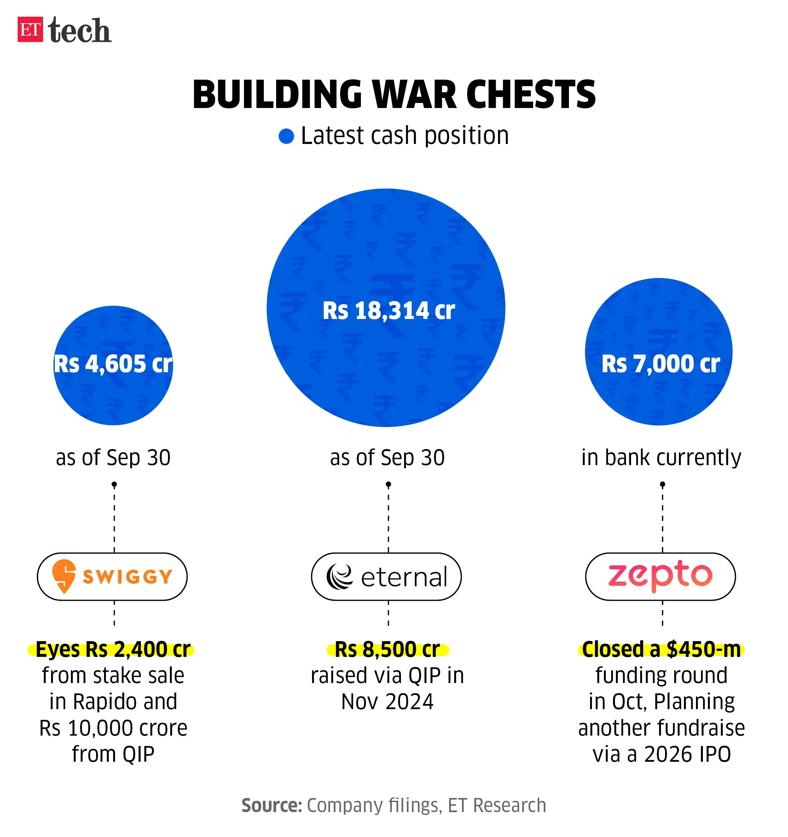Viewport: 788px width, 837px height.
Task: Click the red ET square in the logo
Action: tap(30, 30)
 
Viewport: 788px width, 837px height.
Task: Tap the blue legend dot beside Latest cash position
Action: tap(286, 136)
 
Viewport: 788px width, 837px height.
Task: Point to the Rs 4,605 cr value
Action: tap(113, 364)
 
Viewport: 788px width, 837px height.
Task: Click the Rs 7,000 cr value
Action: tap(660, 364)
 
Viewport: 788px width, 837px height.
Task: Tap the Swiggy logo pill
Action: tap(112, 576)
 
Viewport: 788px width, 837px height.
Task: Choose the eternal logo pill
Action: tap(386, 576)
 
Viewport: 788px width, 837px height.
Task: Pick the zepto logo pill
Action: tap(660, 576)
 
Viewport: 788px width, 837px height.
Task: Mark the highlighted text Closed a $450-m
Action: tap(661, 649)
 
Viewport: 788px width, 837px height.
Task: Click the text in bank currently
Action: tap(661, 457)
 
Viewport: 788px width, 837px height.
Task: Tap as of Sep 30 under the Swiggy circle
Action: tap(113, 457)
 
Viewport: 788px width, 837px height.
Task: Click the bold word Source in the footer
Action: tap(271, 806)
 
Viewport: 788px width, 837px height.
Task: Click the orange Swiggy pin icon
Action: tap(64, 576)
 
